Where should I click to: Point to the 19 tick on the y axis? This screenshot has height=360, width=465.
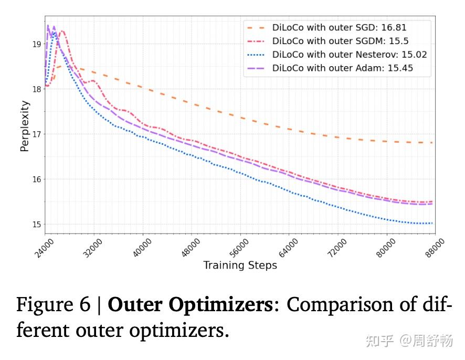pyautogui.click(x=36, y=44)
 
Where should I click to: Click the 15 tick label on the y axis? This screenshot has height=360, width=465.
pyautogui.click(x=36, y=225)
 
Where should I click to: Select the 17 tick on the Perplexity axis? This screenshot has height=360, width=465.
pyautogui.click(x=36, y=134)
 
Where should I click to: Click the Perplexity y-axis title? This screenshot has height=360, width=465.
pyautogui.click(x=25, y=126)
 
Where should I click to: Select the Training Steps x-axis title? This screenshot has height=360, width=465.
pyautogui.click(x=240, y=266)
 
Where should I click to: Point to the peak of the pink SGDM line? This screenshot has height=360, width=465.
pyautogui.click(x=62, y=31)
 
